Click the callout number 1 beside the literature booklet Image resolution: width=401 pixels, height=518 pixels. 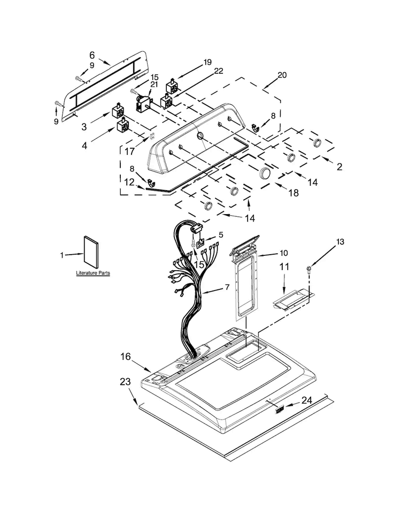click(62, 255)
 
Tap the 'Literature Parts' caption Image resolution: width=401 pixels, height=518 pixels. click(93, 273)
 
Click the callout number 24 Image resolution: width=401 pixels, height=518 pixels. click(306, 401)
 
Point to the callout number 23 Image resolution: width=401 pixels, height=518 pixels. click(125, 382)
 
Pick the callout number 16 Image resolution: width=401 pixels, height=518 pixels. click(126, 357)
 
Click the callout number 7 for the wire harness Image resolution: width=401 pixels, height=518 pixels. click(227, 287)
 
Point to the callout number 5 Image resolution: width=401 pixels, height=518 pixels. click(221, 235)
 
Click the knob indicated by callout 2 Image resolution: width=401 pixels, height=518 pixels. click(317, 143)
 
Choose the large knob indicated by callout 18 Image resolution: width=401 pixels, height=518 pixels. click(265, 172)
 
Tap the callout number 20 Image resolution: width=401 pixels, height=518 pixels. click(282, 75)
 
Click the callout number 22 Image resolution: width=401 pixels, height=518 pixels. click(218, 71)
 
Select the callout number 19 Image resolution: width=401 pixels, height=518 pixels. click(207, 62)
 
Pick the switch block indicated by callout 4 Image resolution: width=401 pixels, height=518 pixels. click(122, 125)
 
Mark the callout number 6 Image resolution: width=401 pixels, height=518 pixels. click(92, 55)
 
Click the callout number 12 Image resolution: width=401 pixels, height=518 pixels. click(129, 182)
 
